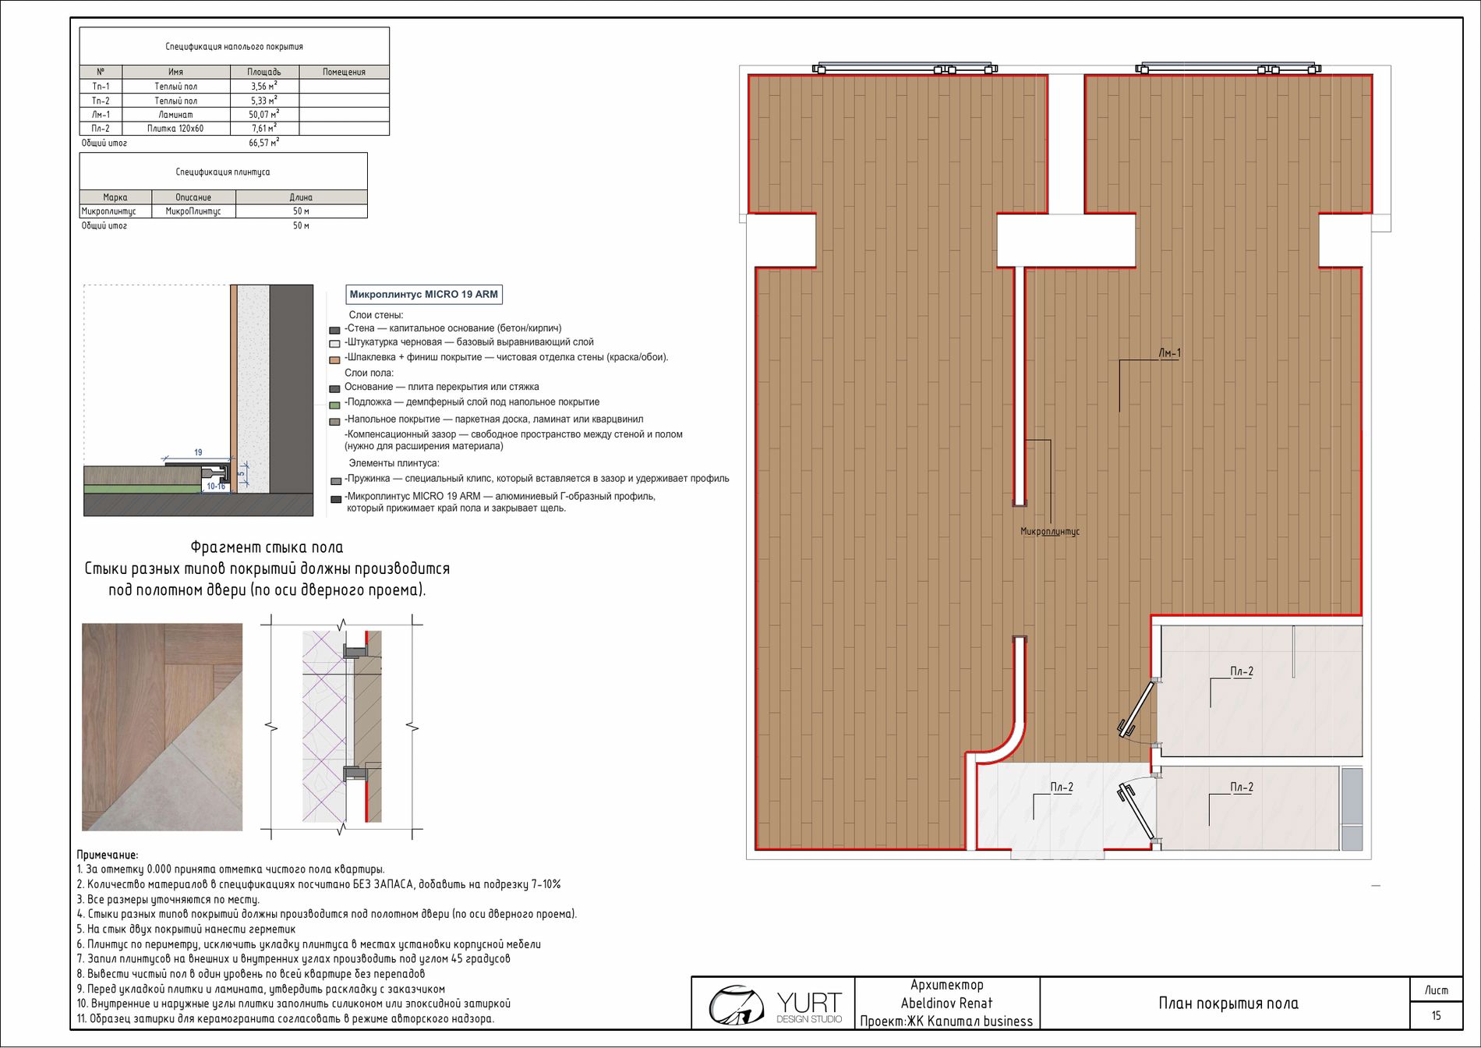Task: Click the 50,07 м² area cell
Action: pos(264,114)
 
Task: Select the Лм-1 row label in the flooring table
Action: pos(101,115)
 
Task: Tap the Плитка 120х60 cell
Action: pos(175,129)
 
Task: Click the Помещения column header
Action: pos(344,72)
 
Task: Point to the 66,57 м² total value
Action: pos(264,143)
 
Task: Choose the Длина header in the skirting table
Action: pos(301,197)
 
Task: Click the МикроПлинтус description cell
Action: pos(193,211)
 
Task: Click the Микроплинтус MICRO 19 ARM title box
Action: pos(423,294)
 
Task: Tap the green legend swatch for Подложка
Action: pos(335,405)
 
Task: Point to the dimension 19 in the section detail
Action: pos(198,452)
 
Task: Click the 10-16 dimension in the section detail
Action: pos(216,487)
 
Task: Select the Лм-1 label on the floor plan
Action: pos(1169,353)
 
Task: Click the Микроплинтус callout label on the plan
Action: pos(1050,532)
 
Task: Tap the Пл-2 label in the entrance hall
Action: pos(1061,788)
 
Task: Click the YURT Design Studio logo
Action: pos(775,1004)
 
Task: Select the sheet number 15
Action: pos(1436,1015)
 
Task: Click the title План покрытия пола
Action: pos(1228,1004)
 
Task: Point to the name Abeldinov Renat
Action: pos(946,1004)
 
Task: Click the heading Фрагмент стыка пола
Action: pos(267,547)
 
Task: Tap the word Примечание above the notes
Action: pos(107,855)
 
